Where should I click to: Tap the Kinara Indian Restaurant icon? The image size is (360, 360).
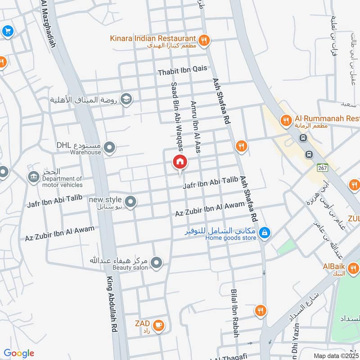point(204,40)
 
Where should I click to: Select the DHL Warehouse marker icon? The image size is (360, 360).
point(109,147)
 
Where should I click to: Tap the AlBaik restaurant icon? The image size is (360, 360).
point(354,269)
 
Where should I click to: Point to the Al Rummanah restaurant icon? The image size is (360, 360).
point(285,120)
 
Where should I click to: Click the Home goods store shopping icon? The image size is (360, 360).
point(265,232)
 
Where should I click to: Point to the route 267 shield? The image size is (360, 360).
point(321,167)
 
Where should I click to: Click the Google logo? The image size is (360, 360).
point(19,353)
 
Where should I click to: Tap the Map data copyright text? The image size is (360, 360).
point(336,355)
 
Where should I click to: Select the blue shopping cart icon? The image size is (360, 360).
point(7,31)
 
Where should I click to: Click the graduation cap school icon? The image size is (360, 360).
point(126,99)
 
